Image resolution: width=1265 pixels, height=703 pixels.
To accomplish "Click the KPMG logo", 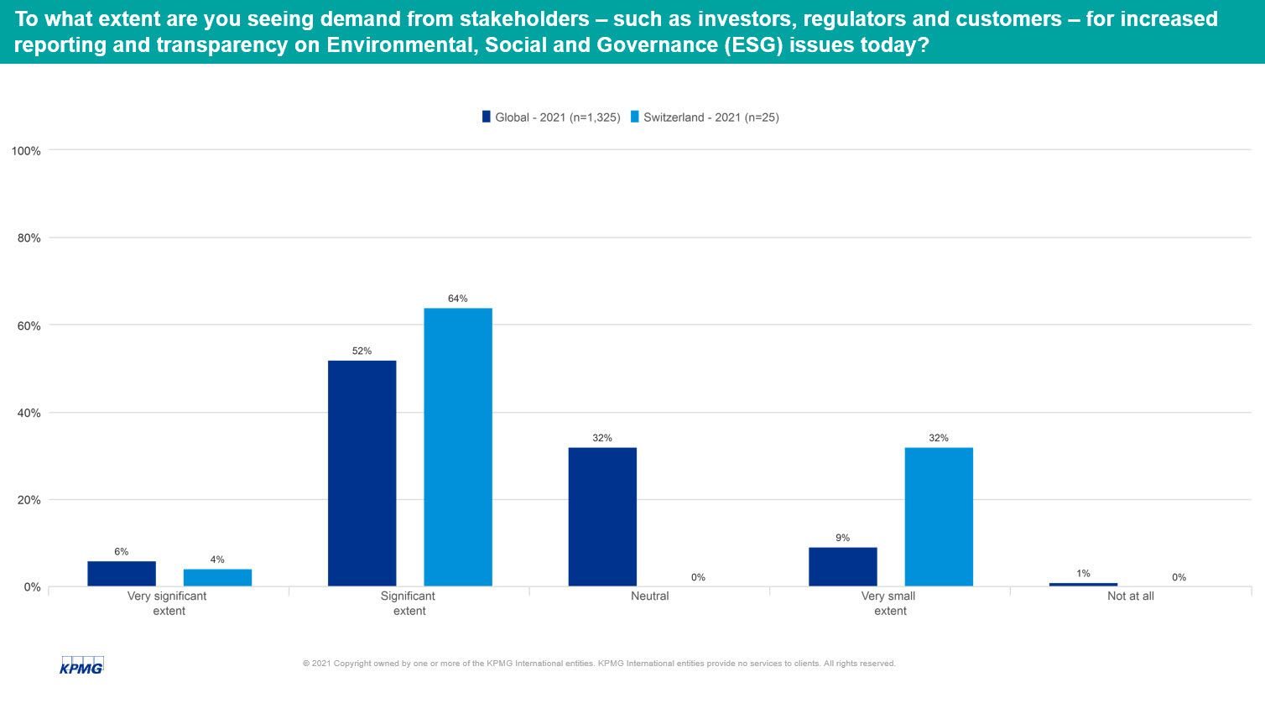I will tap(81, 664).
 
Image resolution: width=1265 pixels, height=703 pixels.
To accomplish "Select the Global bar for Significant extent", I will tap(362, 473).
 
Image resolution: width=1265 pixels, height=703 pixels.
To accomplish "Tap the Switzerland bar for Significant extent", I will tap(458, 447).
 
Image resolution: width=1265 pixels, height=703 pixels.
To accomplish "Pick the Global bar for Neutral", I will tap(602, 517).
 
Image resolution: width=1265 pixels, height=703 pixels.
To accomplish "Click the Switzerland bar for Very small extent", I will tap(939, 517).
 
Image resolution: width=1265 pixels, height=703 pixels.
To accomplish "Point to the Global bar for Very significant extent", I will tap(122, 574).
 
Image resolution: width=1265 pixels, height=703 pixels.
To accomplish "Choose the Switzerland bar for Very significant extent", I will tap(217, 578).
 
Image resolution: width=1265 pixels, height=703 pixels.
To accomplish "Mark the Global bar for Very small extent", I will tap(842, 567).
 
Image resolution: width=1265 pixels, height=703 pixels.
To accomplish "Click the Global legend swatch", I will tap(486, 117).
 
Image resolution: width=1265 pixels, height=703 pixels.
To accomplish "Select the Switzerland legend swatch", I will tap(635, 117).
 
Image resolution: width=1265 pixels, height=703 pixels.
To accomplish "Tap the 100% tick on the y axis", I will tap(26, 151).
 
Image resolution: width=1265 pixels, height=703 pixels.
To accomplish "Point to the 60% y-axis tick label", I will tap(29, 325).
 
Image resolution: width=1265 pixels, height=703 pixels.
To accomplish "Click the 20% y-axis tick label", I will tap(29, 500).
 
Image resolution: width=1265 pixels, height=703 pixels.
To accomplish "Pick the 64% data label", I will tap(458, 299).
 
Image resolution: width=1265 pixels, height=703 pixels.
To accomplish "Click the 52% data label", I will tap(362, 351).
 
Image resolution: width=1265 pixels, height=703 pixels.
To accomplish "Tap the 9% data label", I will tap(842, 538).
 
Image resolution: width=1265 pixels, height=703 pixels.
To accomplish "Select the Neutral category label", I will tap(650, 596).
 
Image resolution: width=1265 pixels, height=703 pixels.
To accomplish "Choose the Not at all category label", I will tap(1130, 596).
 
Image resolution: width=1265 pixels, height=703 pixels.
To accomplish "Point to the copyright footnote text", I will tap(599, 664).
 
